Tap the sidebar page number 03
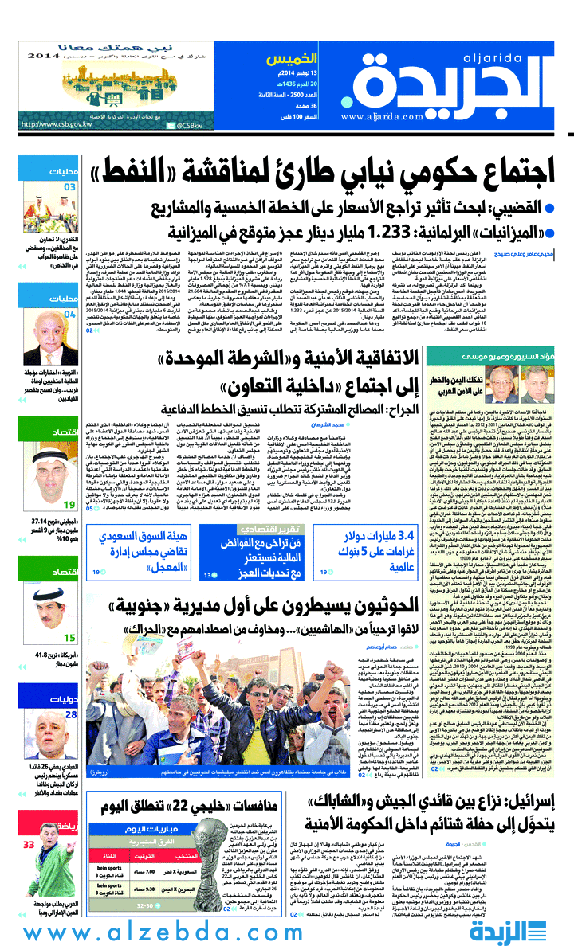coord(70,187)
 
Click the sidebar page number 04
coord(70,314)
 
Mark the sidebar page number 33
coord(29,844)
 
